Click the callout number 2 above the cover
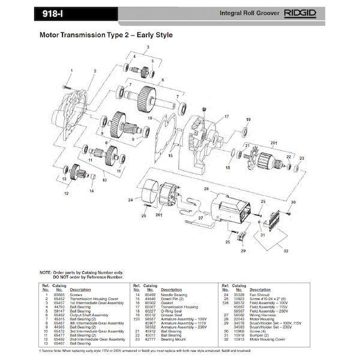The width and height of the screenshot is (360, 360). pos(95,71)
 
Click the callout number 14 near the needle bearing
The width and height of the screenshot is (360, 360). pos(92,191)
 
